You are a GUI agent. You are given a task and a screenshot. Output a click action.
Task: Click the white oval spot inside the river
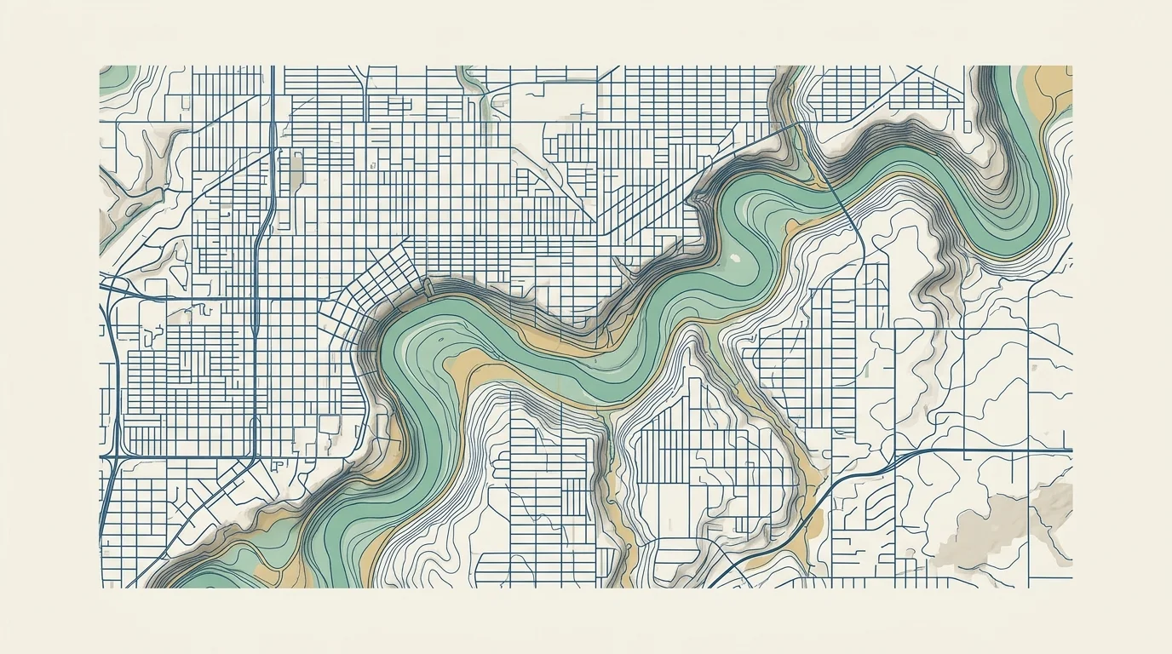(x=733, y=256)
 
